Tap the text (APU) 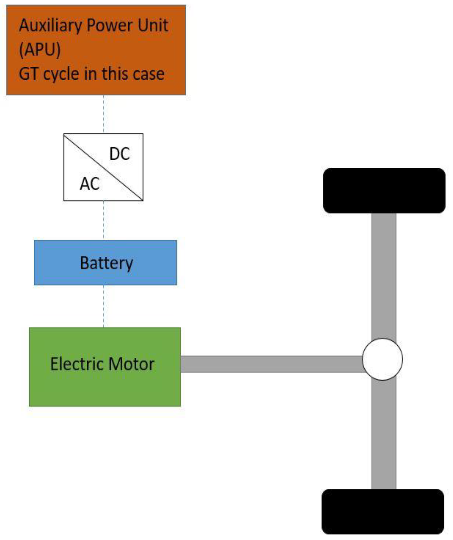(40, 49)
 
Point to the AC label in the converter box (90, 184)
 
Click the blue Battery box (105, 263)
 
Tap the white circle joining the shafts (383, 359)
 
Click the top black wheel (384, 191)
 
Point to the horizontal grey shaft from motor (270, 364)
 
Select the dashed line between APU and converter (104, 114)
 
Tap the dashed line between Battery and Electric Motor (104, 306)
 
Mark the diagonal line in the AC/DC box (103, 167)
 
